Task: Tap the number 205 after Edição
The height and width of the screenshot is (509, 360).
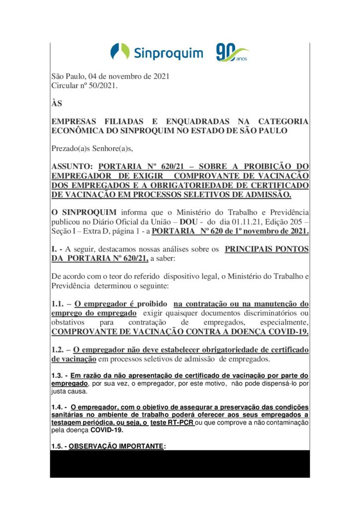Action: click(292, 222)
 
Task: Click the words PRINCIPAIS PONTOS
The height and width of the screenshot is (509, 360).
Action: click(267, 249)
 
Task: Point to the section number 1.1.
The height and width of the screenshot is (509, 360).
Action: click(58, 303)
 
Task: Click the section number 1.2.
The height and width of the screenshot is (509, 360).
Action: click(58, 349)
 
